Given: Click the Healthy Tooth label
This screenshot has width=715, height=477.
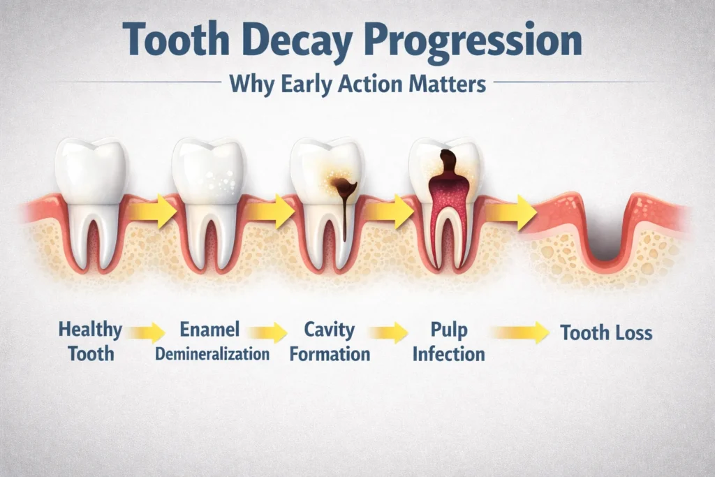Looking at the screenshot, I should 90,341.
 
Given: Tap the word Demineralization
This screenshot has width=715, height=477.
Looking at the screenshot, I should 212,353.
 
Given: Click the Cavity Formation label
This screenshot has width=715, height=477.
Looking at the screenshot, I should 330,341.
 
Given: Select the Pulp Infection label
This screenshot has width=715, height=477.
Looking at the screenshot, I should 448,341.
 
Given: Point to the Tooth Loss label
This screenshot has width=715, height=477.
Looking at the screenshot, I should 606,332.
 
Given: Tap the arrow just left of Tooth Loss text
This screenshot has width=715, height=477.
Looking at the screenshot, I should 519,332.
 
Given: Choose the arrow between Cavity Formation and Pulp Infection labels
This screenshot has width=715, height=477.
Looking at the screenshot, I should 388,332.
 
